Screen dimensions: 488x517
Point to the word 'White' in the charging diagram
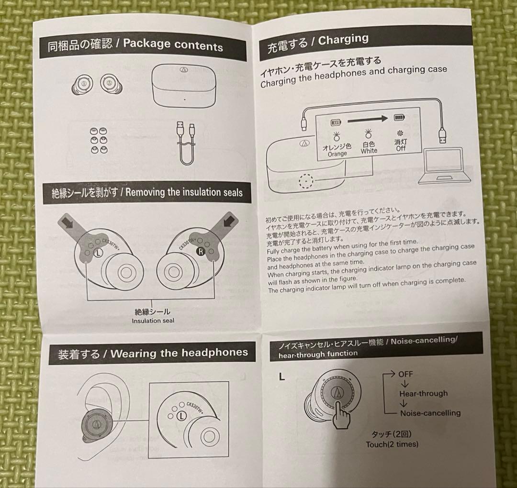click(x=369, y=151)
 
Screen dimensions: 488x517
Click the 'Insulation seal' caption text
click(x=153, y=321)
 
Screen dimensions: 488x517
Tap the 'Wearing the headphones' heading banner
click(x=153, y=354)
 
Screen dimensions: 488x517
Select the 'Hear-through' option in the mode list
click(x=423, y=393)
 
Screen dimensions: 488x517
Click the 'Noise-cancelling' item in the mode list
click(x=430, y=412)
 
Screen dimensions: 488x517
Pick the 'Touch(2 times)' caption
click(x=392, y=444)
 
